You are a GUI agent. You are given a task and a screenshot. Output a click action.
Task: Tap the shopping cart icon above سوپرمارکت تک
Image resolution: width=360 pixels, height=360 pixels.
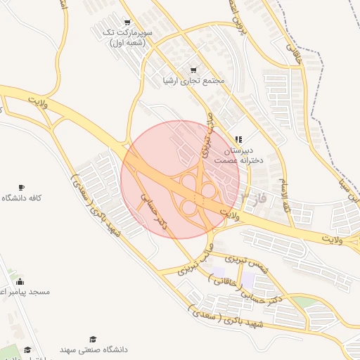[x=127, y=22]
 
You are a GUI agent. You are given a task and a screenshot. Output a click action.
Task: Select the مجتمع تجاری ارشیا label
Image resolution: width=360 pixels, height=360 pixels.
[x=193, y=81]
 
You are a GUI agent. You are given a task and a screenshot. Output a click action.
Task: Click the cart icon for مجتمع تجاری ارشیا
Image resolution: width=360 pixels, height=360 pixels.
[x=193, y=70]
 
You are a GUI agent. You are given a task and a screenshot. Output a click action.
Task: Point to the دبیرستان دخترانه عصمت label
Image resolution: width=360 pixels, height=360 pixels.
[x=238, y=156]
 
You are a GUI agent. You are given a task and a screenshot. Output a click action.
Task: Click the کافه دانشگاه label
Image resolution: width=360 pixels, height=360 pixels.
[x=21, y=198]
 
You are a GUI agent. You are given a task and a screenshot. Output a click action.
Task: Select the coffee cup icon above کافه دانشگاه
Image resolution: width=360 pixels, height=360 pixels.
[x=21, y=187]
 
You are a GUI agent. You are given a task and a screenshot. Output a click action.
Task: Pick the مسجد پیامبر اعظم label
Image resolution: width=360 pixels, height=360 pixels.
[x=20, y=291]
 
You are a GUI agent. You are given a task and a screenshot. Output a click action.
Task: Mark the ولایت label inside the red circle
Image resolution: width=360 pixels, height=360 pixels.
[x=229, y=214]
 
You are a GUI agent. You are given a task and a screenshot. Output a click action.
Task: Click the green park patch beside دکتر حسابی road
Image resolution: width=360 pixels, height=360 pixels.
[x=302, y=301]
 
